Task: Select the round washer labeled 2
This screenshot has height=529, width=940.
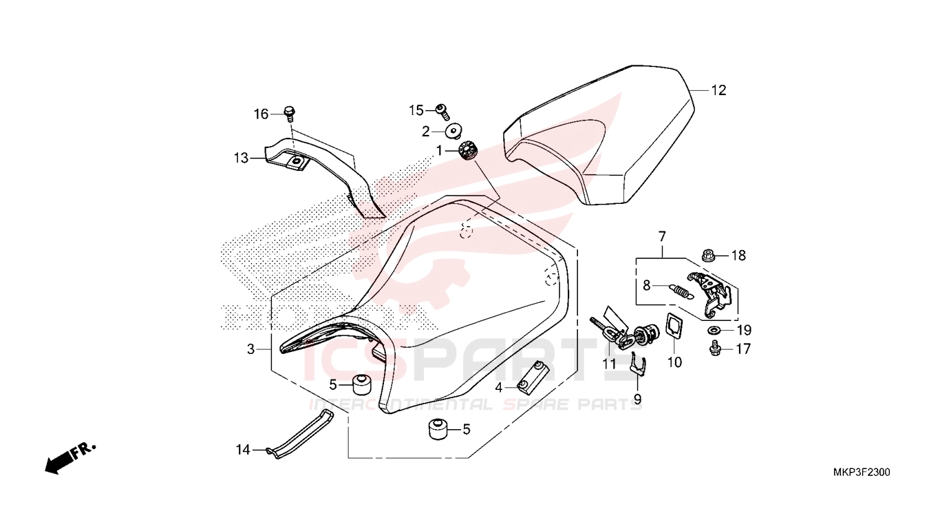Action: tap(453, 131)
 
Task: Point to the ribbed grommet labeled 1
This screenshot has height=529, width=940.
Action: tap(467, 151)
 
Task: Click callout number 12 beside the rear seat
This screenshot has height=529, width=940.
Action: tap(718, 90)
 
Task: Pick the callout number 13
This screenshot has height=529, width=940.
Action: tap(242, 158)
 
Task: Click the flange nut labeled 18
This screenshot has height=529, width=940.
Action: tap(709, 254)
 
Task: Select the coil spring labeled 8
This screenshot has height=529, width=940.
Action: tap(681, 291)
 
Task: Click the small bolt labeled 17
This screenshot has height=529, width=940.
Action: tap(715, 349)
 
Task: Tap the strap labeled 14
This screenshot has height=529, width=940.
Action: tap(300, 435)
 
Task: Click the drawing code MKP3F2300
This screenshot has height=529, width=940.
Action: tap(861, 473)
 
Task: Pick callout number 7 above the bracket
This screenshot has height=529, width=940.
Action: tap(662, 236)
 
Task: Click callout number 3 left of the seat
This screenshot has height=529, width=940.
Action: tap(250, 349)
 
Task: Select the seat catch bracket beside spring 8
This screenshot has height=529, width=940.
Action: tap(710, 295)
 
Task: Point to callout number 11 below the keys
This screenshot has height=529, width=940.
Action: tap(609, 364)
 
